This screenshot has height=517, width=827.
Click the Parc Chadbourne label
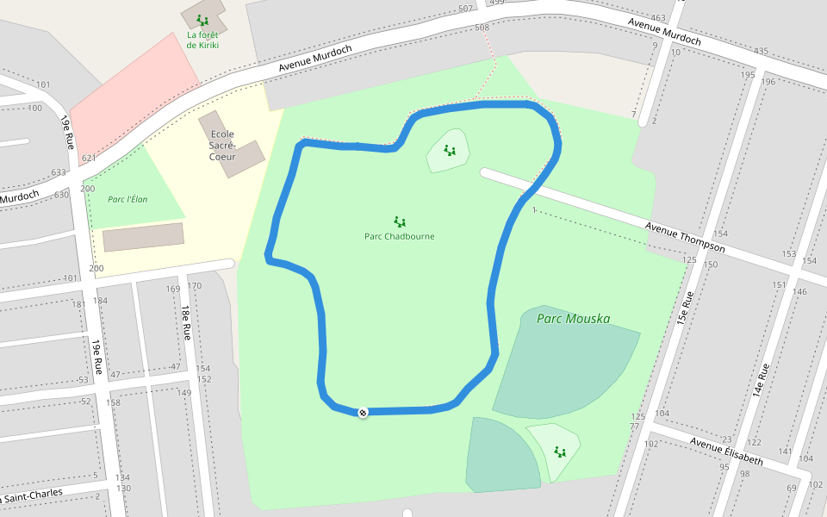[399, 236]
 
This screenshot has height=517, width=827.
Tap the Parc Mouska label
[573, 319]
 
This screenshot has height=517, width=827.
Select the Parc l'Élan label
[127, 199]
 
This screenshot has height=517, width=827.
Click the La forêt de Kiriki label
[202, 40]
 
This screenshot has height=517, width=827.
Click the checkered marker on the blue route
[364, 413]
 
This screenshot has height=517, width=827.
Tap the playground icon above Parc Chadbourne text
[399, 221]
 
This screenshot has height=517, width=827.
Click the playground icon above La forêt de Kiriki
[202, 20]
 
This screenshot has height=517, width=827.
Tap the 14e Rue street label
[762, 380]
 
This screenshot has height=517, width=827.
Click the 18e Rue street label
[184, 322]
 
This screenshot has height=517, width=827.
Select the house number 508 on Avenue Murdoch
[482, 28]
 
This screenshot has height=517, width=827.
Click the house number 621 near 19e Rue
[88, 159]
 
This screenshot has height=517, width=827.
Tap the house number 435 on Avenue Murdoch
[761, 52]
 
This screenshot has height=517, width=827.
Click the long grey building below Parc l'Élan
[144, 237]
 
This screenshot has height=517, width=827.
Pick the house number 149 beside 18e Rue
[184, 393]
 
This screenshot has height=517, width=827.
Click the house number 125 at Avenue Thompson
[688, 259]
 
